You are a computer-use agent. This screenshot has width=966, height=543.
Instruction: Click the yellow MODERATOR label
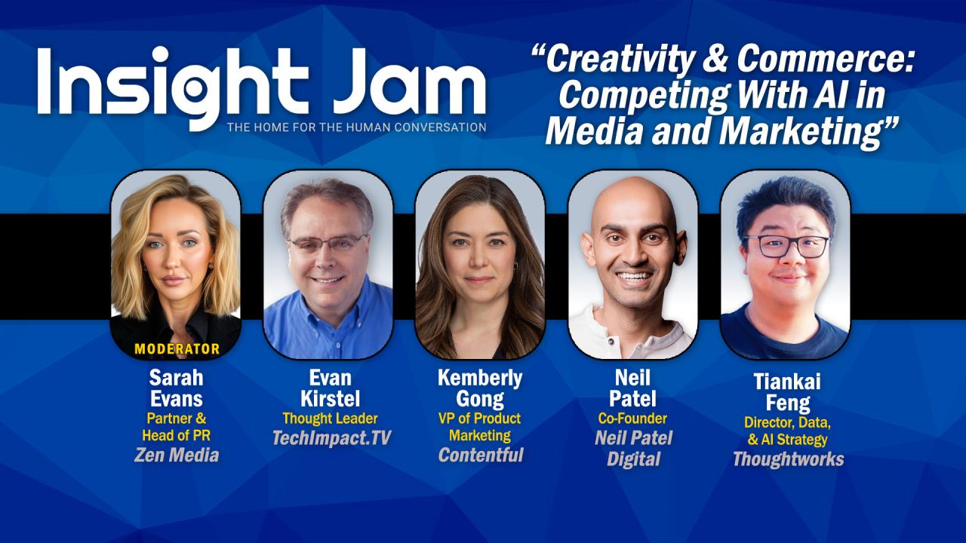(177, 349)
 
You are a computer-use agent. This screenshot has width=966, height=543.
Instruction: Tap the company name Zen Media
(177, 455)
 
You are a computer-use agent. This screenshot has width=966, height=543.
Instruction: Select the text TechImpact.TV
(331, 437)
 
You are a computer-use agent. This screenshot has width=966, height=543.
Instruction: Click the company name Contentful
(480, 455)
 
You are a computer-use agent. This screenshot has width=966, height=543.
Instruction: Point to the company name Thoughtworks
(788, 459)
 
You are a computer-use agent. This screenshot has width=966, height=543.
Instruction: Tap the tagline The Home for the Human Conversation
(356, 127)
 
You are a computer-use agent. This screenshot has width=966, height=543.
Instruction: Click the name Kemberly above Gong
(480, 378)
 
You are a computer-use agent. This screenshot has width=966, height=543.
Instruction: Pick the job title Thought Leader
(330, 418)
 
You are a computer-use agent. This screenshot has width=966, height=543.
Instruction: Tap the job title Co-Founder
(632, 418)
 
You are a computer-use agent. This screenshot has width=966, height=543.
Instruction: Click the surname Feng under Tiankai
(787, 403)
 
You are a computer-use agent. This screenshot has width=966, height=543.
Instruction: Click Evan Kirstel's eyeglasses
(328, 243)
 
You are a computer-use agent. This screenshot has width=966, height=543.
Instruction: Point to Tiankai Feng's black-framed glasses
(786, 246)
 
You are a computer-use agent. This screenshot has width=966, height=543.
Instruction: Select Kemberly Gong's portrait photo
(480, 264)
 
